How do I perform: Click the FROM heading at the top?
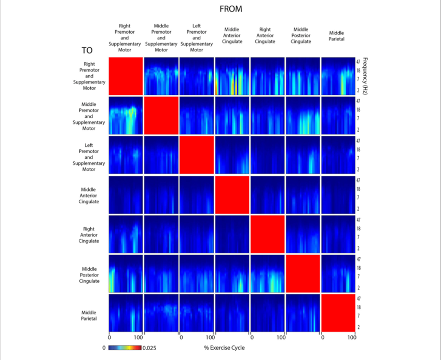231,9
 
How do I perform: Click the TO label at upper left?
87,51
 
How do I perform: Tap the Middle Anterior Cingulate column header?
232,36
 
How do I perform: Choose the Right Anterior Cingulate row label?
89,235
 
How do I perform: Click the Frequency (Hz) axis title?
365,75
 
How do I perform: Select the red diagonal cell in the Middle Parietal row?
338,313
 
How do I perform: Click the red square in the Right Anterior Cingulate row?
267,234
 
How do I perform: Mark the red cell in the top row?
126,76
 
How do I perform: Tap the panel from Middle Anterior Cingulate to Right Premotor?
232,76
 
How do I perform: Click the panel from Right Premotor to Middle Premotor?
126,115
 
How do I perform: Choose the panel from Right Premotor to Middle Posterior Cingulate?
126,273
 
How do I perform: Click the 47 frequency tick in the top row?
358,61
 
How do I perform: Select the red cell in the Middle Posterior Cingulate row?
302,273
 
